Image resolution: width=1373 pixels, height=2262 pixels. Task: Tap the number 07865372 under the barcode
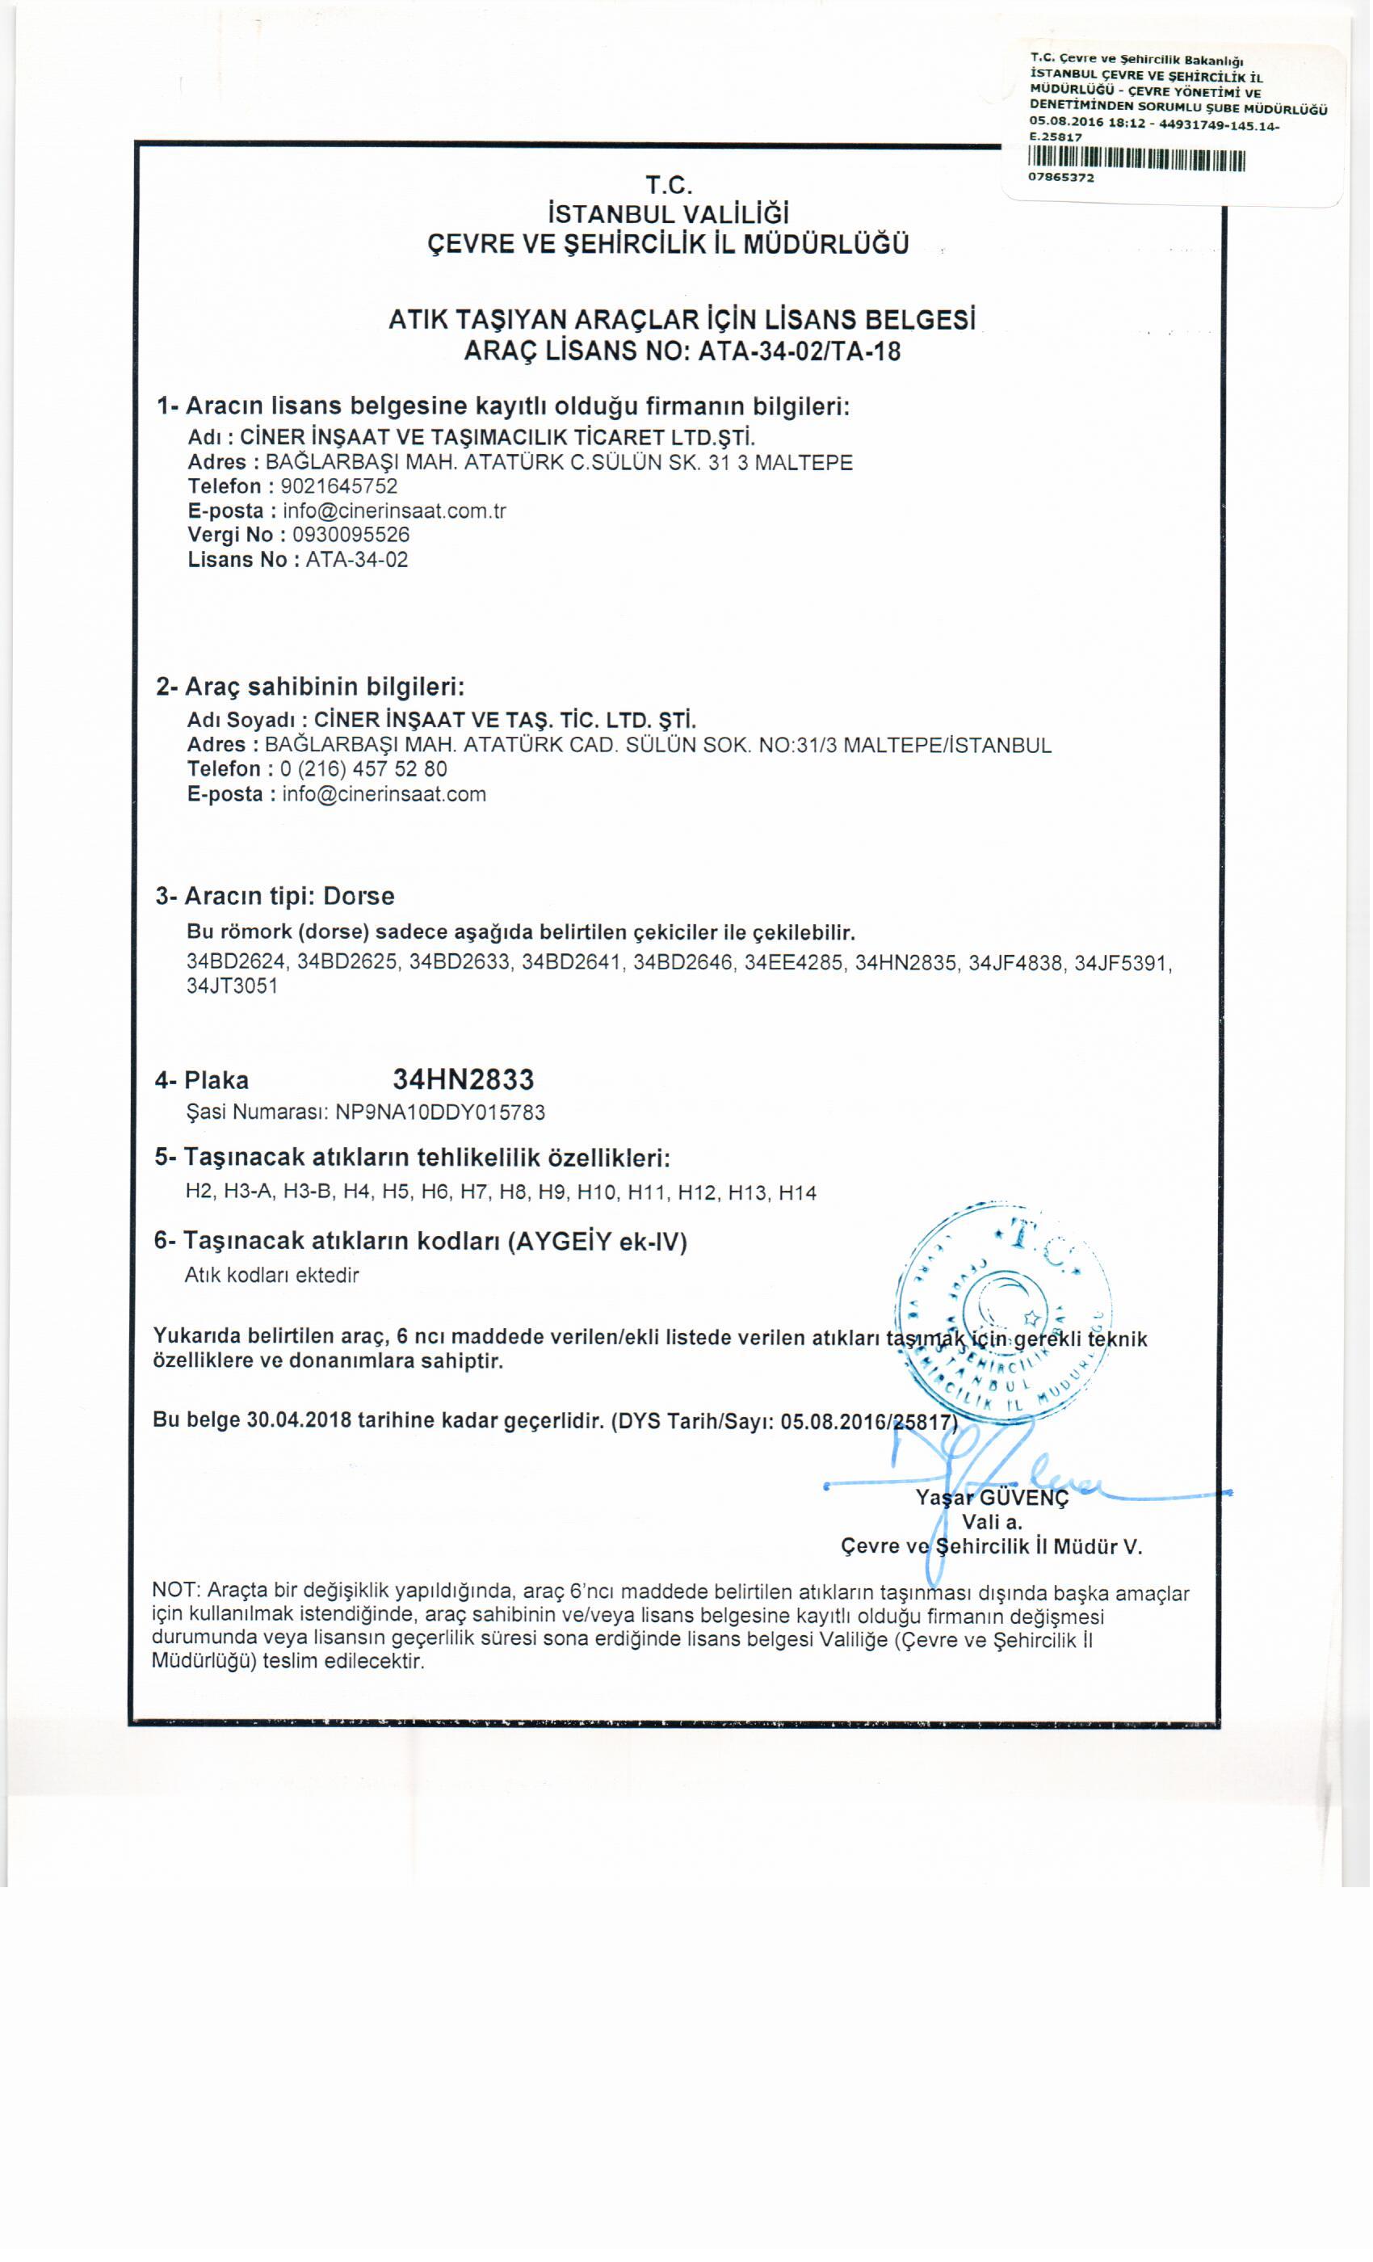click(x=1061, y=178)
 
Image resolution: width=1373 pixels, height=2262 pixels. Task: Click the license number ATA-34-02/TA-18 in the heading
click(x=799, y=351)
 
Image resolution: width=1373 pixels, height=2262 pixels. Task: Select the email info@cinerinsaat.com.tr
click(x=394, y=511)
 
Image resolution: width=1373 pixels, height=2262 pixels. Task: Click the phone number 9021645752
click(x=332, y=486)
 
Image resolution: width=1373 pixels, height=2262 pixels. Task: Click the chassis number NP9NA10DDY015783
click(x=439, y=1112)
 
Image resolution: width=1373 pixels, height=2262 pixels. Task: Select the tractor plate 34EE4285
click(x=794, y=963)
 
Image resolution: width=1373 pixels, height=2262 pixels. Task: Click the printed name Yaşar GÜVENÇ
click(x=992, y=1499)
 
